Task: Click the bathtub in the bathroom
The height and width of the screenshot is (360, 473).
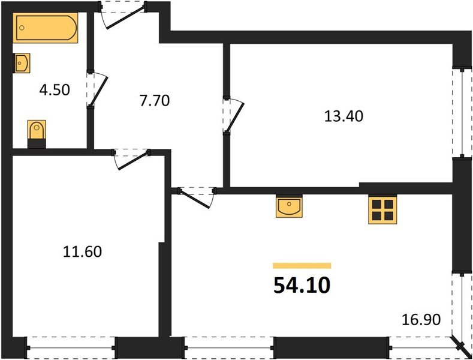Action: pyautogui.click(x=46, y=28)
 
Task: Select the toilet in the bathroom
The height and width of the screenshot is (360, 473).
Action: pyautogui.click(x=37, y=131)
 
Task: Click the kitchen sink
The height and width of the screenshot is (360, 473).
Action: pyautogui.click(x=290, y=207)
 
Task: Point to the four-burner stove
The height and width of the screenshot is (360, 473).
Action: pyautogui.click(x=382, y=210)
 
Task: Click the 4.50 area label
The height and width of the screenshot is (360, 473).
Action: pyautogui.click(x=55, y=91)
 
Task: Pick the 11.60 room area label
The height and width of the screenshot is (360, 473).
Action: pyautogui.click(x=82, y=251)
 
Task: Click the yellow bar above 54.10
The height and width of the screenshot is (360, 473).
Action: pyautogui.click(x=302, y=265)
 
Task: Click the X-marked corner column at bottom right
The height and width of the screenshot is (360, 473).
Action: pyautogui.click(x=462, y=347)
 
